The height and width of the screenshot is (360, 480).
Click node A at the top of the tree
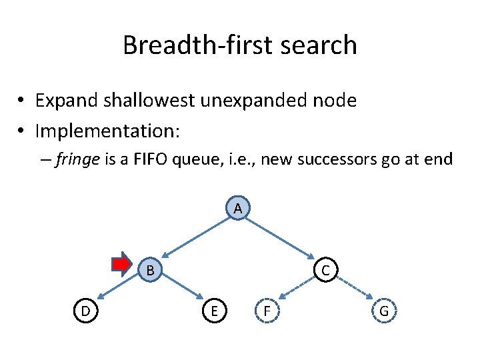coord(237,209)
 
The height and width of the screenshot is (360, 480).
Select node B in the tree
coord(151,269)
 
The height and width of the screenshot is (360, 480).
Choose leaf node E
coord(213,311)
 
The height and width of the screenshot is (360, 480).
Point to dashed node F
coord(267,311)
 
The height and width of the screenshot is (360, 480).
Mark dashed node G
coord(384,311)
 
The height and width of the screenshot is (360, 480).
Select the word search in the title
coord(323,45)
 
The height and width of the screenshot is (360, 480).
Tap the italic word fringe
coord(74,159)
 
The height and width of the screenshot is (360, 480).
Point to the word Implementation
coord(107,131)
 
